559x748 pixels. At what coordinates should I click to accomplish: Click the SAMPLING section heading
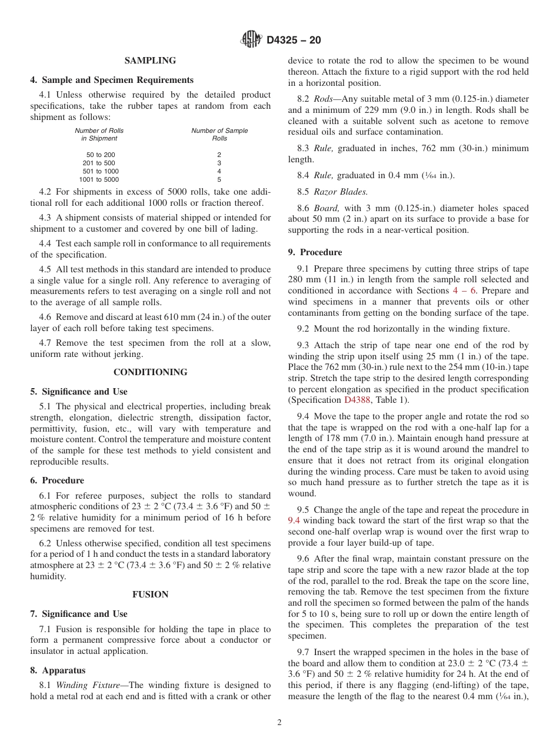click(x=150, y=61)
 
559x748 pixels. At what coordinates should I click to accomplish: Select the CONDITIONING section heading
click(x=150, y=372)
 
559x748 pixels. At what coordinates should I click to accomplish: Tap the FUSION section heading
click(x=150, y=595)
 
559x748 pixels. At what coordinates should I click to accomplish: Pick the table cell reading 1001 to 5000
click(x=99, y=179)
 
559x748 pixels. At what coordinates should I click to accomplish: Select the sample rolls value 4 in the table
click(x=219, y=171)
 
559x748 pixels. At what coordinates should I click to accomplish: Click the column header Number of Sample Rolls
click(x=219, y=135)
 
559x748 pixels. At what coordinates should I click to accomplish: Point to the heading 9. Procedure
click(x=315, y=252)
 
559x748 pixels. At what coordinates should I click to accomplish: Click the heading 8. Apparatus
click(x=58, y=670)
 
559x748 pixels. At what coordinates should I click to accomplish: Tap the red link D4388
click(x=357, y=400)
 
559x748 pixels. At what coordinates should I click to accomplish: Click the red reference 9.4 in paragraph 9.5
click(x=294, y=521)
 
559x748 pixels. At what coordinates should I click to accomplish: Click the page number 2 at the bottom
click(x=279, y=723)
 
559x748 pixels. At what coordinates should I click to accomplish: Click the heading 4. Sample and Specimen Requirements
click(x=112, y=80)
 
